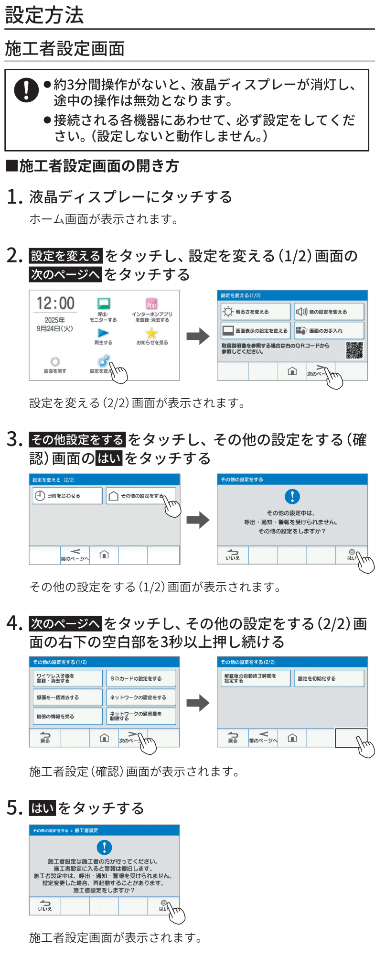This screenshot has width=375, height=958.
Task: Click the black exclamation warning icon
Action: [x=26, y=89]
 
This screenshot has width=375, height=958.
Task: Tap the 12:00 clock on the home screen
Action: [x=56, y=303]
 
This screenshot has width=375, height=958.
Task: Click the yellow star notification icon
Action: [x=151, y=333]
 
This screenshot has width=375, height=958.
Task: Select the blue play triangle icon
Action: [x=103, y=333]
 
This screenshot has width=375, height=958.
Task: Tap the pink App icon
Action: [x=151, y=304]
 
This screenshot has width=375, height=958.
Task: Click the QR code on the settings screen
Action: [x=354, y=350]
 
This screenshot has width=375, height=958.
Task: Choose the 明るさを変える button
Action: [x=255, y=312]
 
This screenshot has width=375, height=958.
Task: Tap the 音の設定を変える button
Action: [x=329, y=312]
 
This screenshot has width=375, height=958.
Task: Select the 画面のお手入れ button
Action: [x=329, y=330]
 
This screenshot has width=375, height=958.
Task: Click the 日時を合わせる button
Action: [x=66, y=496]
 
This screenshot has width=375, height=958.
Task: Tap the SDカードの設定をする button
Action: [x=140, y=678]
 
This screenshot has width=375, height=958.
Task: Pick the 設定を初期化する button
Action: [x=329, y=678]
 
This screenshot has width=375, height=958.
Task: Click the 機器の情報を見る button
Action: [x=66, y=716]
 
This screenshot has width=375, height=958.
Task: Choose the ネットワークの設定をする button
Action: [x=140, y=697]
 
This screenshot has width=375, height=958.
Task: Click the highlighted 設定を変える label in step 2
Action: [x=65, y=256]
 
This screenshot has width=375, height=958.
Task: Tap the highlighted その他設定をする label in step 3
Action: [x=77, y=439]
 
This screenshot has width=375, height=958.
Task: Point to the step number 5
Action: [x=14, y=808]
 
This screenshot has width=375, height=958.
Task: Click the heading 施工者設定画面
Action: [x=65, y=49]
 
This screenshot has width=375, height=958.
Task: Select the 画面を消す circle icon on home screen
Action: [x=55, y=362]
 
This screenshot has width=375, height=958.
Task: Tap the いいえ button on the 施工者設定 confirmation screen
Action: [x=45, y=905]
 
